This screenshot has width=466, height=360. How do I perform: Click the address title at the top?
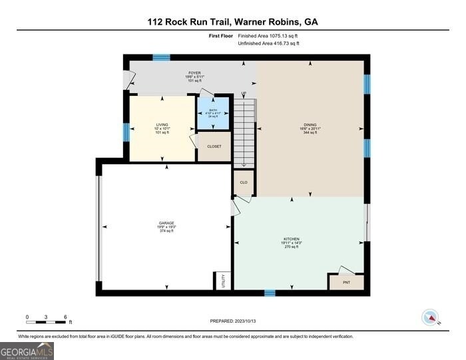[x=232, y=21]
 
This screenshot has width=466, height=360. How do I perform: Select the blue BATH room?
[x=213, y=113]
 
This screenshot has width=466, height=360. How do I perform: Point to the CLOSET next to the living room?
[x=214, y=146]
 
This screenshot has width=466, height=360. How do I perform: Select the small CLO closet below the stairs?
[x=244, y=182]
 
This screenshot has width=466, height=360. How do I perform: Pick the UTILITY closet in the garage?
[x=222, y=280]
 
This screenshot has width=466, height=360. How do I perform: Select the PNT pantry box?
[x=346, y=282]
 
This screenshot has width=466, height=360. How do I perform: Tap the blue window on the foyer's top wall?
[x=161, y=58]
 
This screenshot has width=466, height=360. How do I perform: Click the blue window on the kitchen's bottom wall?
[x=270, y=293]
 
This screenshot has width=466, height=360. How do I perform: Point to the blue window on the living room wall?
[x=126, y=132]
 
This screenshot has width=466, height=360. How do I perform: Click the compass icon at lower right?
[x=431, y=318]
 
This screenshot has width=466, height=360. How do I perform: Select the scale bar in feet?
[x=46, y=321]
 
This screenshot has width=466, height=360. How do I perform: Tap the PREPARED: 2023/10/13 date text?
[x=232, y=321]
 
